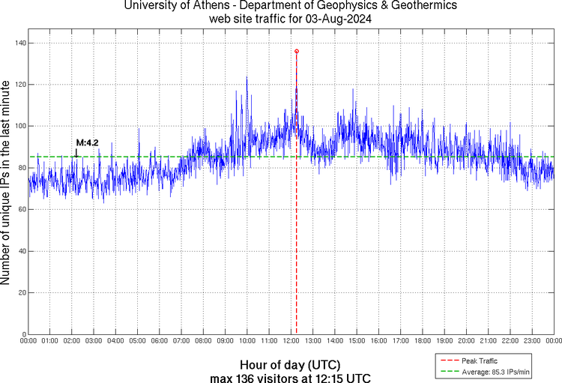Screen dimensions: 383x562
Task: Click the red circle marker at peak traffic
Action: point(297,51)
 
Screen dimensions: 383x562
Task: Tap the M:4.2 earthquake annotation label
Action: point(87,142)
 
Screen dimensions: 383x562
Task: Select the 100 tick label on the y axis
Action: point(19,127)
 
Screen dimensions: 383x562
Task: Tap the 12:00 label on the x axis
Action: point(291,342)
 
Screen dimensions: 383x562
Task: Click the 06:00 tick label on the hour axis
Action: point(160,342)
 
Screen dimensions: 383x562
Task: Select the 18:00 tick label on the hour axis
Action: point(423,342)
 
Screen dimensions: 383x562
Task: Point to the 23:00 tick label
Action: point(532,342)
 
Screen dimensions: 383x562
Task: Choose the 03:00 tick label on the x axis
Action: point(94,342)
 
